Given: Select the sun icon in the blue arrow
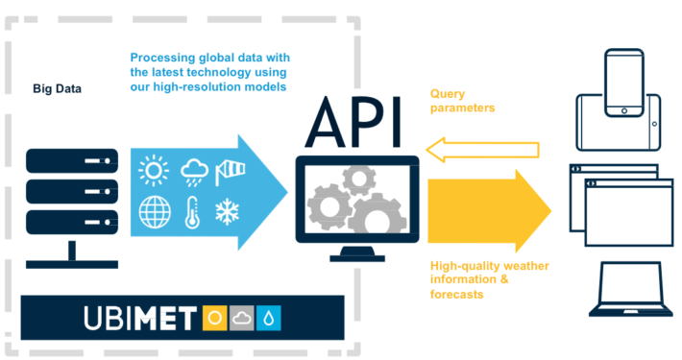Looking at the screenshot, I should click(153, 171).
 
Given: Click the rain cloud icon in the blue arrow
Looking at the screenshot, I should click(193, 171).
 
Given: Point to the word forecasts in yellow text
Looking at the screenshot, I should click(456, 295).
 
